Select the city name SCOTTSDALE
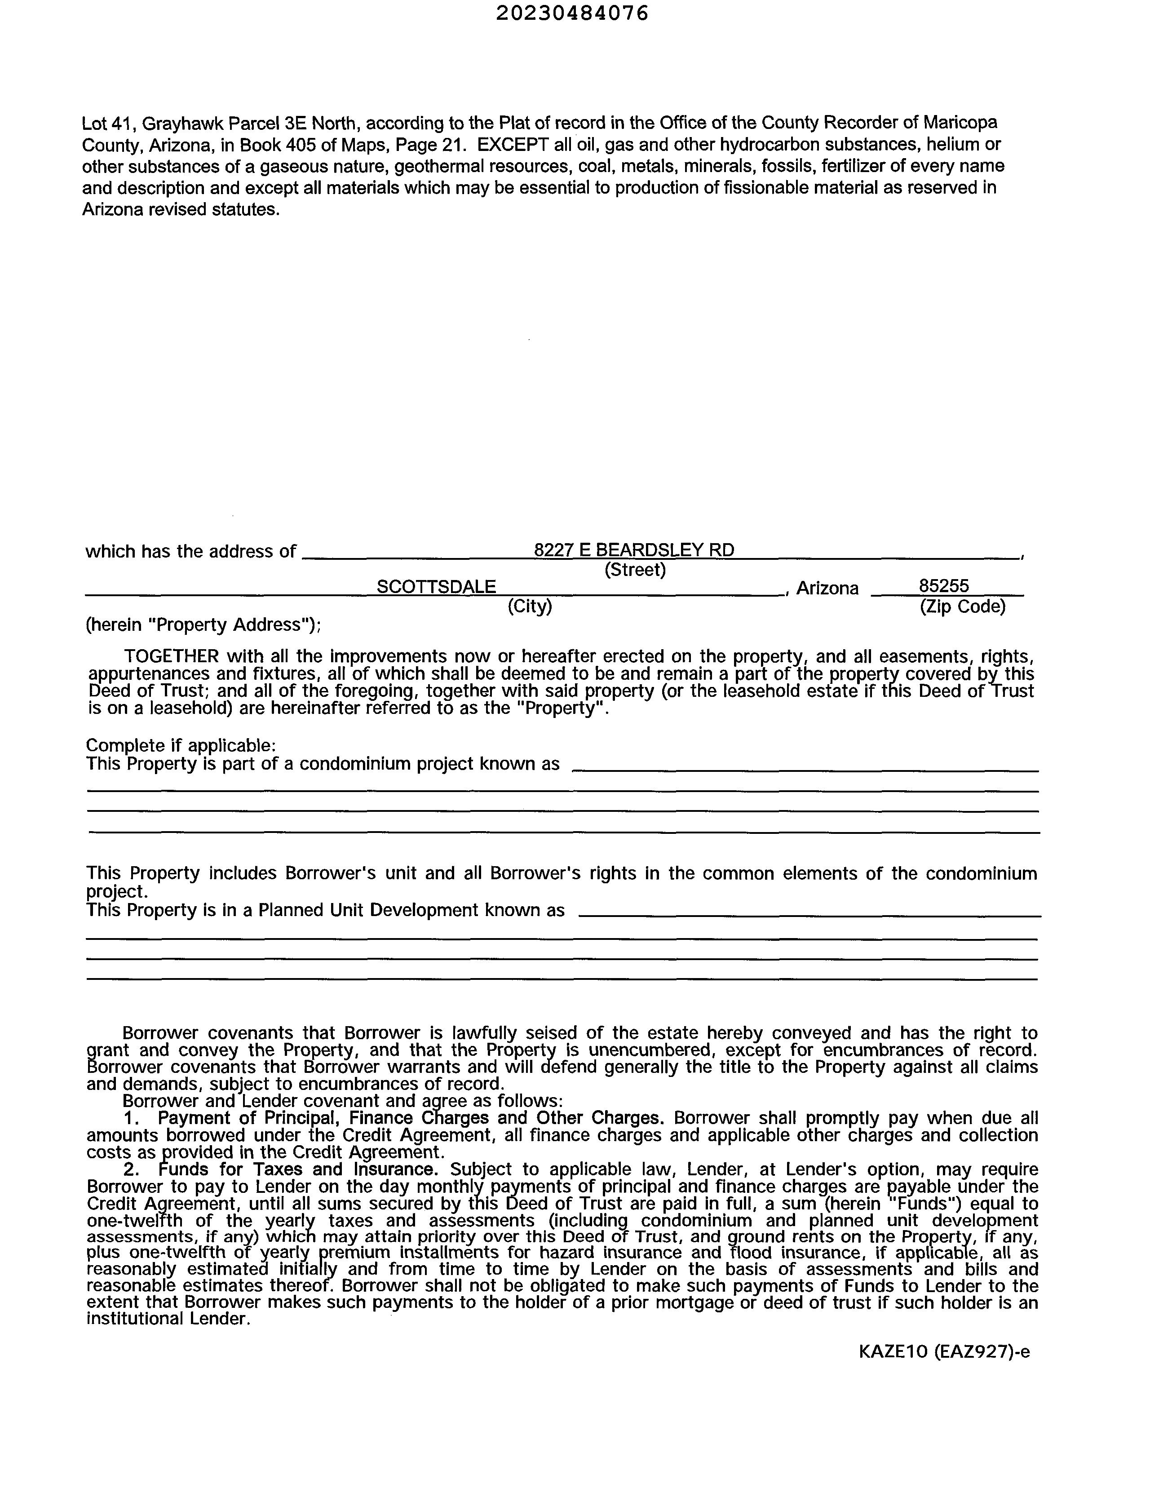(436, 587)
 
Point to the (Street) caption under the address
(634, 570)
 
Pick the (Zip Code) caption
(962, 606)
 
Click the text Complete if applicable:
(181, 745)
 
